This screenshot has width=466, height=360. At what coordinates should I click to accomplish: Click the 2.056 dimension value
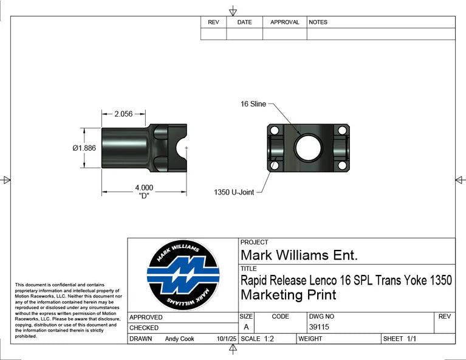[124, 114]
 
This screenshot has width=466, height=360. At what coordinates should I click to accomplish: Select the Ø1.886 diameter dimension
[84, 148]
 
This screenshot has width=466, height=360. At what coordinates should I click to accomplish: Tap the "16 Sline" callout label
[253, 104]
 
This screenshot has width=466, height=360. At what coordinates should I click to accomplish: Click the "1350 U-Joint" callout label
[234, 192]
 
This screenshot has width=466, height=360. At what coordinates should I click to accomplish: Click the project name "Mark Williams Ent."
[299, 254]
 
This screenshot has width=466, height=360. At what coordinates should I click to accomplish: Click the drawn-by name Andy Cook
[179, 339]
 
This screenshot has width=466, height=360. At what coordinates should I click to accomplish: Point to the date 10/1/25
[225, 339]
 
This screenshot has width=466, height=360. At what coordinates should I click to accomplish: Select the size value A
[246, 327]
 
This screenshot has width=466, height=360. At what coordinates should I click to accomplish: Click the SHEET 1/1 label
[399, 339]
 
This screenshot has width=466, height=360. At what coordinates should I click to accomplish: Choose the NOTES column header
[318, 22]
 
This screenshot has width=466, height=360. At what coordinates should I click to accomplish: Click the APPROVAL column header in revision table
[284, 22]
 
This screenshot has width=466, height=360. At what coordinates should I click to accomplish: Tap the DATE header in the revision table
[244, 22]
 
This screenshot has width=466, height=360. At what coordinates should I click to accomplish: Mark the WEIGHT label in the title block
[310, 339]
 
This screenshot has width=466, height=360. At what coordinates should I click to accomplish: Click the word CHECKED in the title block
[144, 328]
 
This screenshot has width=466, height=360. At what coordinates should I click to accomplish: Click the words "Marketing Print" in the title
[288, 295]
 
